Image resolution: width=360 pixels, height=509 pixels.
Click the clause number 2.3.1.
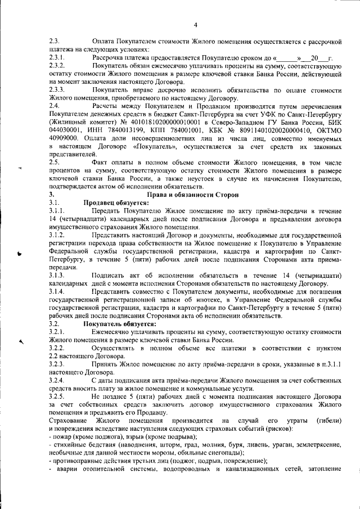coord(57,58)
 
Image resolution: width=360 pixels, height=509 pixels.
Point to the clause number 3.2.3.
coord(57,364)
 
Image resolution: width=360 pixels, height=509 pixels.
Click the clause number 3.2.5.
coord(57,397)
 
